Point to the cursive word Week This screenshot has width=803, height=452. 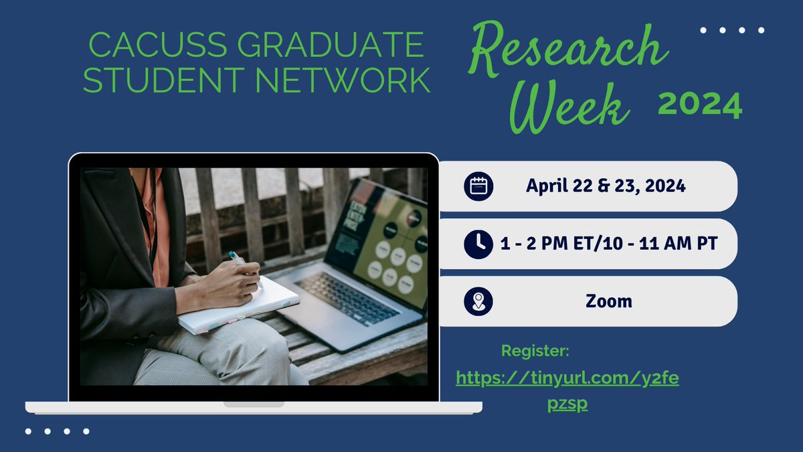[x=572, y=107]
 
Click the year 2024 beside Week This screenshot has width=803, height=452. [x=699, y=105]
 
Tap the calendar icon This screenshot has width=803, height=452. [x=478, y=186]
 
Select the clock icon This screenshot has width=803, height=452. [x=478, y=244]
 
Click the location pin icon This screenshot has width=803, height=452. [x=478, y=301]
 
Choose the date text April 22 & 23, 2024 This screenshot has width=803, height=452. [x=606, y=186]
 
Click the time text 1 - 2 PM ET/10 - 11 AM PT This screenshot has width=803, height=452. [x=608, y=244]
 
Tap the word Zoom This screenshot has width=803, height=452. [x=608, y=301]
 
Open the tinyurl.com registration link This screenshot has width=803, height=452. [x=567, y=379]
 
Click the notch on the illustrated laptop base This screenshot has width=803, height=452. [x=254, y=404]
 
